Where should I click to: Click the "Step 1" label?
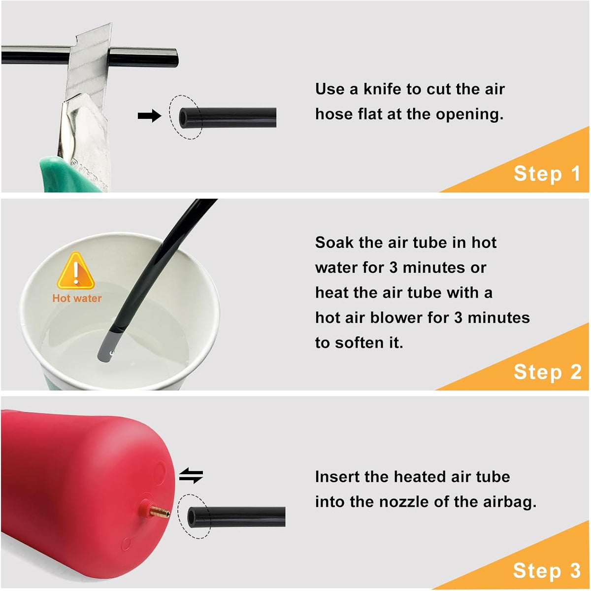547,174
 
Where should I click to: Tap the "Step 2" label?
548,372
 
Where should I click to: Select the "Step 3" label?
547,570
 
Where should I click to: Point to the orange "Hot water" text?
77,298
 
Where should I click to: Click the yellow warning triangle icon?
76,271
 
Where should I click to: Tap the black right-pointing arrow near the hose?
149,116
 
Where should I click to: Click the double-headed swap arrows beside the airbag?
191,476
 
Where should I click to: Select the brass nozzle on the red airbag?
160,513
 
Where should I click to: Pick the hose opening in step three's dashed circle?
192,518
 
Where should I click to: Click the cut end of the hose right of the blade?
175,57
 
